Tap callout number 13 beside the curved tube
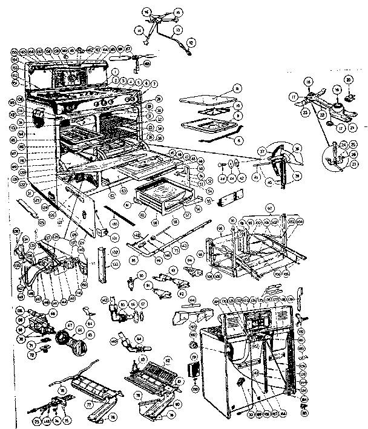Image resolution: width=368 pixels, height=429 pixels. point(179,29)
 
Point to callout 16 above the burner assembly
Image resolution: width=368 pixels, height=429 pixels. point(146,11)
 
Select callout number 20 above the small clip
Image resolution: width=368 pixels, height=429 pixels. point(349,79)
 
